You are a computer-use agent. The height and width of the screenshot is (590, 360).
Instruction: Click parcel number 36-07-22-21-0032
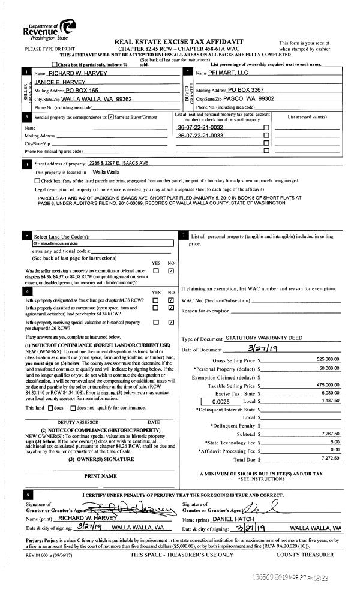[x=200, y=128]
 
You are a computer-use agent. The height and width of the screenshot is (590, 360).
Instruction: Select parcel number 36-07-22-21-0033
[x=200, y=136]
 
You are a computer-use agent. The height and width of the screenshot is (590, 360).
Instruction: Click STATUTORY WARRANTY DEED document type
[x=263, y=339]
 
